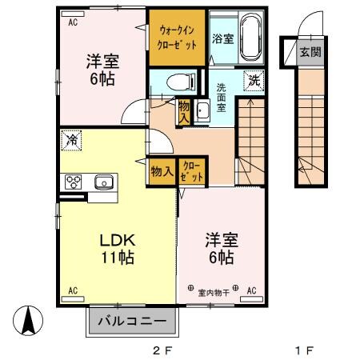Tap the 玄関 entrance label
click(309, 54)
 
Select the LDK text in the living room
click(117, 239)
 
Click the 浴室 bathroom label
click(222, 38)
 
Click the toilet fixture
click(180, 81)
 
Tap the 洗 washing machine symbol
click(253, 80)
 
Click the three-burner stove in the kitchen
click(75, 182)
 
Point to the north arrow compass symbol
click(27, 322)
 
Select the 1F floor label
click(303, 350)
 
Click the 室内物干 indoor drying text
click(213, 291)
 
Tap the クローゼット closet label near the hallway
click(191, 170)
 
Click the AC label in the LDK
click(72, 290)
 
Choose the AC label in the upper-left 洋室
click(72, 22)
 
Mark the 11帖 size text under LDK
click(117, 258)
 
